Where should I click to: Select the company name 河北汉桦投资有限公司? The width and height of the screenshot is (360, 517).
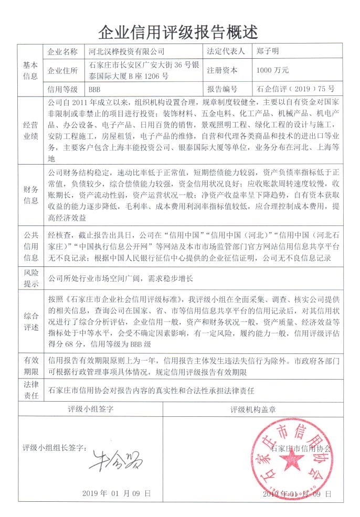(126, 52)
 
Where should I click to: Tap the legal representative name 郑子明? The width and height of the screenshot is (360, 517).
(268, 52)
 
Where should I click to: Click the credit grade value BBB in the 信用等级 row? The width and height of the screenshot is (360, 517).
(94, 89)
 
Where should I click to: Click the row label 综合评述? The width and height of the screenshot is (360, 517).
(29, 321)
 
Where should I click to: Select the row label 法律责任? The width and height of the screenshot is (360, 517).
(29, 391)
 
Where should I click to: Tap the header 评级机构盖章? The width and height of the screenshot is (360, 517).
(261, 408)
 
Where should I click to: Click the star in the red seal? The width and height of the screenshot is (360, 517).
(289, 461)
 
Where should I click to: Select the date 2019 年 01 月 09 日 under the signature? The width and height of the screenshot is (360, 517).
(117, 493)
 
